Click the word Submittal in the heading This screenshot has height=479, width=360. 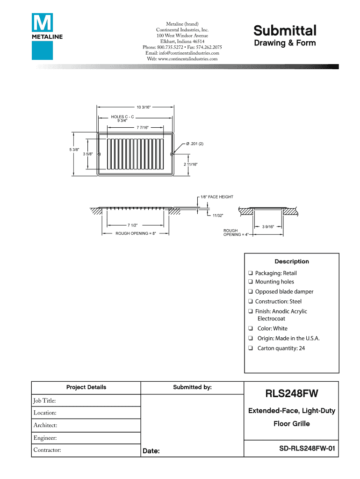coord(285,31)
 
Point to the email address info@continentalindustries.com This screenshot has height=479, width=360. coord(182,53)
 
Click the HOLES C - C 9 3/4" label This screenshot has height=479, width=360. coord(122,118)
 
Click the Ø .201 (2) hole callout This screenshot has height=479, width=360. coord(194,144)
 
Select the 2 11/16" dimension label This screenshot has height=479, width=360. coord(190,164)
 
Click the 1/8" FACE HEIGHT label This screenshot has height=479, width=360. coord(216,197)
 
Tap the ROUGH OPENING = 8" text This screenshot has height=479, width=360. coord(136,233)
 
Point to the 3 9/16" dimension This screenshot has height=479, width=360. coord(268,227)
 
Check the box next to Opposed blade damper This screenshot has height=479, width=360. coord(251,291)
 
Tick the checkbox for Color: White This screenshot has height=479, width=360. coord(251,328)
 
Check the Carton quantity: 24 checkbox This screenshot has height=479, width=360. coord(251,348)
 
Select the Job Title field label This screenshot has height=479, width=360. coord(44,401)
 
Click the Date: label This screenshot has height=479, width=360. coord(151,451)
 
